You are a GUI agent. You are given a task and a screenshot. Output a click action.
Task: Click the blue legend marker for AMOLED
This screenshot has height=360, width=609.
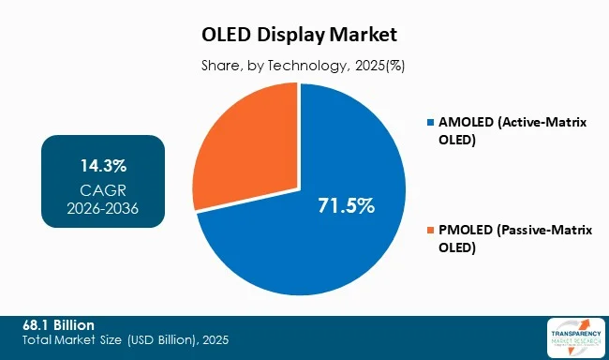pos(430,123)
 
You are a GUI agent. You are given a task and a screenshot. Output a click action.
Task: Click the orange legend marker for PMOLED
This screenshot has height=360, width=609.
pos(430,231)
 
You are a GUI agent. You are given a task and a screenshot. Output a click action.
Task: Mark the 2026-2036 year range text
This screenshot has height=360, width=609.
pos(103,208)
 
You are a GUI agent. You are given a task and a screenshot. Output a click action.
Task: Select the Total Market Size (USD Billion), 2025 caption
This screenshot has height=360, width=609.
pos(126,339)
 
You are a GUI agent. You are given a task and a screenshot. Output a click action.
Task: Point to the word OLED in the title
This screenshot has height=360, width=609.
pos(228,36)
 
